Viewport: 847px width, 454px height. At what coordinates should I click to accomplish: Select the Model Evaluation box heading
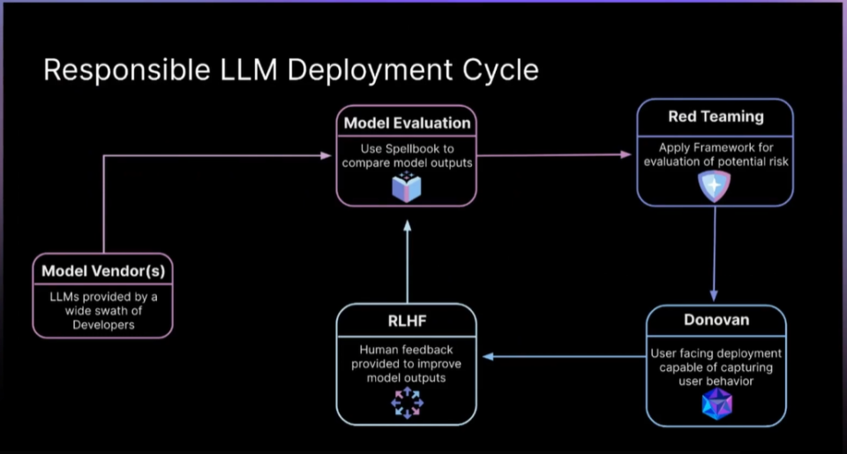(x=407, y=122)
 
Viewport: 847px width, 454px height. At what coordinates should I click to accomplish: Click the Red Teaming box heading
(x=716, y=117)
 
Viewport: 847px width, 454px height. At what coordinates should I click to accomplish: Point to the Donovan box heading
(x=716, y=320)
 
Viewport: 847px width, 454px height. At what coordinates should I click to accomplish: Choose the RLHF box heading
(x=407, y=322)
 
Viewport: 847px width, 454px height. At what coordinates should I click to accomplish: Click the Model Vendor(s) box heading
(x=102, y=271)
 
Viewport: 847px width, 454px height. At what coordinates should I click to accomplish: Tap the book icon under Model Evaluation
(x=407, y=186)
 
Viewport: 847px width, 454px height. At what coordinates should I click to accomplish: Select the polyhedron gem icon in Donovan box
(x=716, y=404)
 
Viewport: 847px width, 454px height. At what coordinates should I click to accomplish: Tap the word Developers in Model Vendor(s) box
(x=102, y=324)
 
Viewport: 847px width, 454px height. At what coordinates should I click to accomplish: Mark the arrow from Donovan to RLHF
(x=565, y=357)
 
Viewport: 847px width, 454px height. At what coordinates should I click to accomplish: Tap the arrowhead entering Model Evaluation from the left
(x=326, y=156)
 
